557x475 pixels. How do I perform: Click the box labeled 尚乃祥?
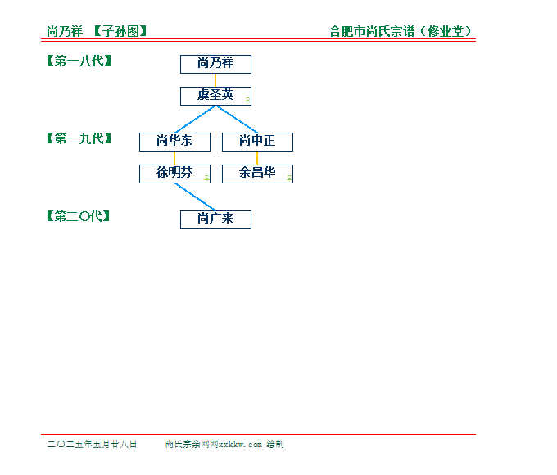[215, 65]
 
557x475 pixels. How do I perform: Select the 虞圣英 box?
[215, 97]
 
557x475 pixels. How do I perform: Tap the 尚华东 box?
[174, 142]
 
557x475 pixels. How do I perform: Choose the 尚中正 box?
[257, 142]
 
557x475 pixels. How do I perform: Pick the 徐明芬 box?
[174, 174]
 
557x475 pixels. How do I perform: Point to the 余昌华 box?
[257, 174]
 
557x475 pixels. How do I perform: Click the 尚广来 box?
[215, 220]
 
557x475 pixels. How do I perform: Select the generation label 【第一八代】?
[79, 61]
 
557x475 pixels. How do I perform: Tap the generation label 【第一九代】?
[79, 138]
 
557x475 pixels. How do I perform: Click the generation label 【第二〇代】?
[78, 216]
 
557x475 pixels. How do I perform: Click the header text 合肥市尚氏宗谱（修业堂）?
[401, 31]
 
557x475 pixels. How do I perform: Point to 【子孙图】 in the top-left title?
[120, 31]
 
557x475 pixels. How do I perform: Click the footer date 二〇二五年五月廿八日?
[92, 444]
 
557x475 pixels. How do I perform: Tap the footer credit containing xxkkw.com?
[224, 444]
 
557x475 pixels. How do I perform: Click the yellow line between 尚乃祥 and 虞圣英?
[215, 80]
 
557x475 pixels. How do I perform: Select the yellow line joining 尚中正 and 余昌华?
[257, 158]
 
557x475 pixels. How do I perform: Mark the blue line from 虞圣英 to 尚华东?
[196, 120]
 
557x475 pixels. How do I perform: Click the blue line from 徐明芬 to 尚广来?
[196, 197]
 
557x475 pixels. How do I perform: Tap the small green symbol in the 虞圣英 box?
[248, 101]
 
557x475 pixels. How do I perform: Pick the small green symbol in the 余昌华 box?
[289, 179]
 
